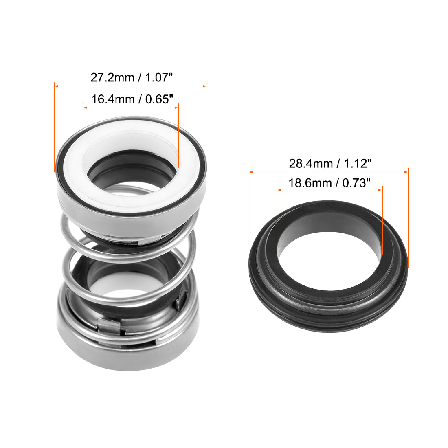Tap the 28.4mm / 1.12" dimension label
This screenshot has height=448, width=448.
pyautogui.click(x=330, y=164)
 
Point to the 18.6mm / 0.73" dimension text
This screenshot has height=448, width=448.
pyautogui.click(x=329, y=183)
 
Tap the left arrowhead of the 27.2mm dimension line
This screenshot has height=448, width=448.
pyautogui.click(x=57, y=86)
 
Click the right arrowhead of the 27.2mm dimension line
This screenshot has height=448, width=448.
pyautogui.click(x=205, y=86)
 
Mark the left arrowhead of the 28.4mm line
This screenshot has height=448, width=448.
pyautogui.click(x=251, y=172)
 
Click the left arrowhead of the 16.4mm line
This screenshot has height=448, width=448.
pyautogui.click(x=85, y=108)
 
